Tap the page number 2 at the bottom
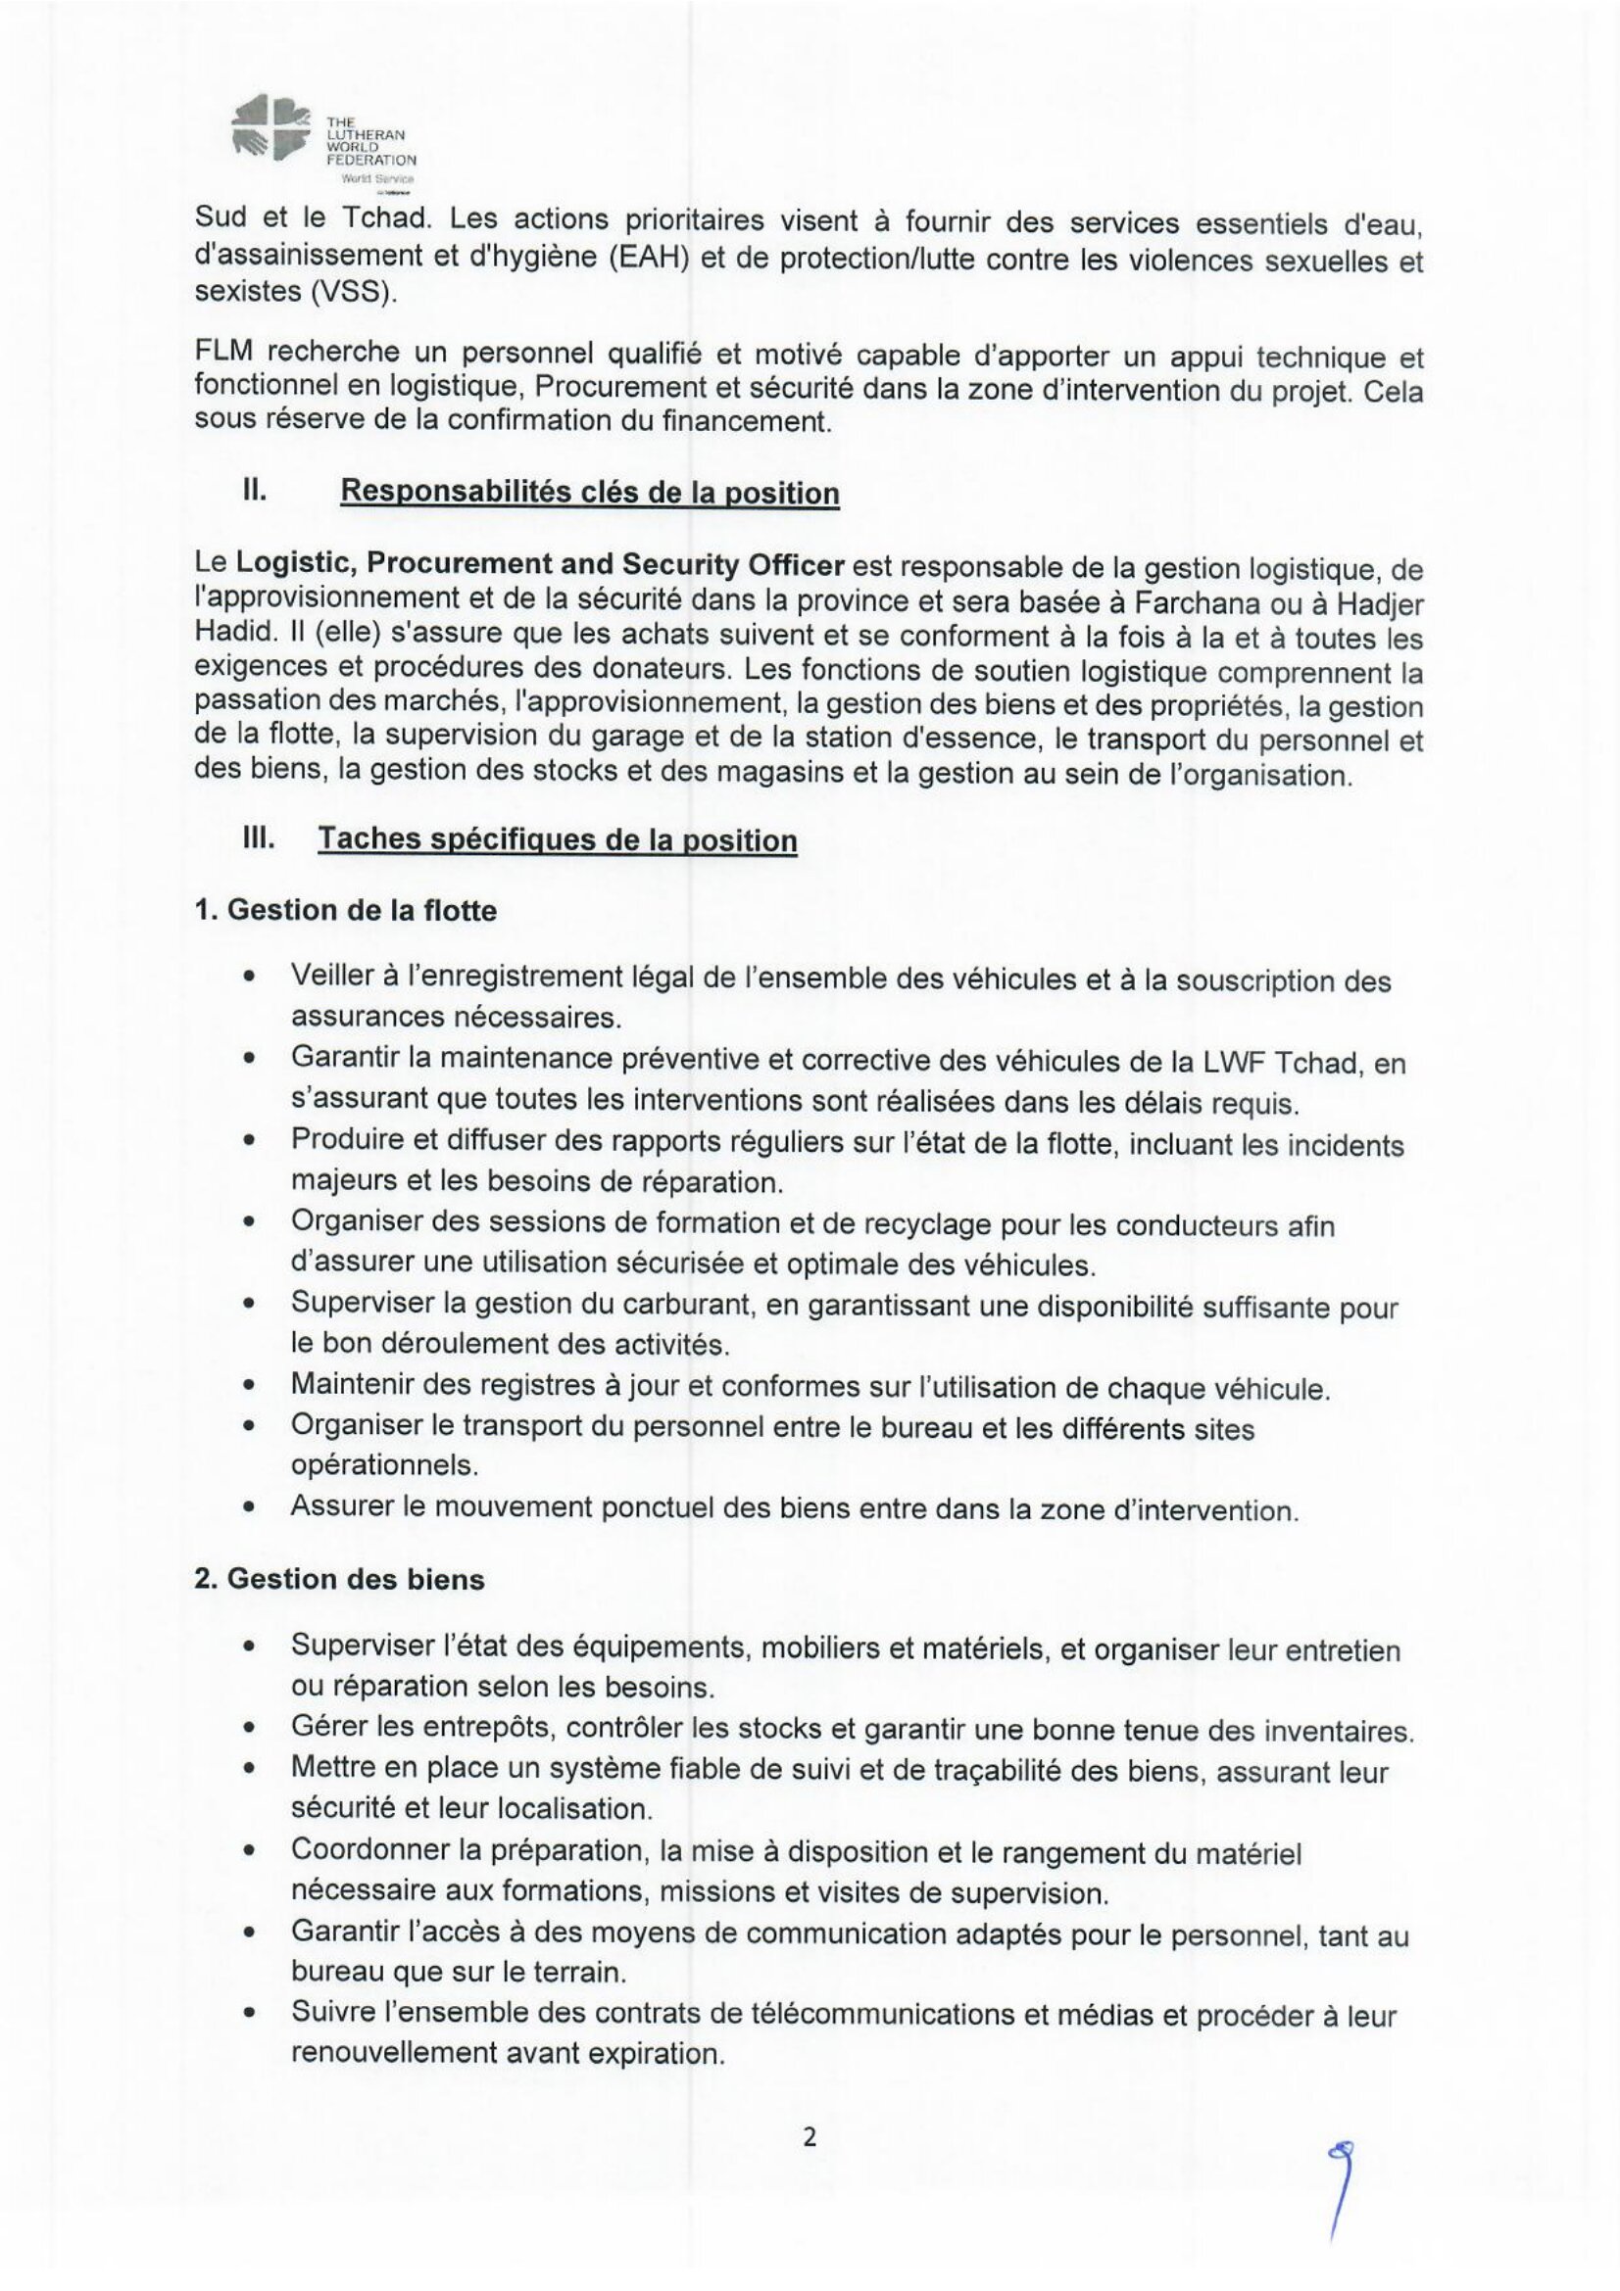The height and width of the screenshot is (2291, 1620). pos(810,2136)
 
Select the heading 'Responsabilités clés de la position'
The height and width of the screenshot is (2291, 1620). pos(589,492)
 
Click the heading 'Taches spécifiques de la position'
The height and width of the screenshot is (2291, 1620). pos(557,839)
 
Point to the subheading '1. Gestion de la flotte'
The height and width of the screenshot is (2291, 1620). pos(345,910)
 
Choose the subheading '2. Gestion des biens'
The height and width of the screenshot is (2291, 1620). pos(339,1579)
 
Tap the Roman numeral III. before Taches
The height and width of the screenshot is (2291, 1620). pos(259,838)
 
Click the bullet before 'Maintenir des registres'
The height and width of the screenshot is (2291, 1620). pos(249,1386)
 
